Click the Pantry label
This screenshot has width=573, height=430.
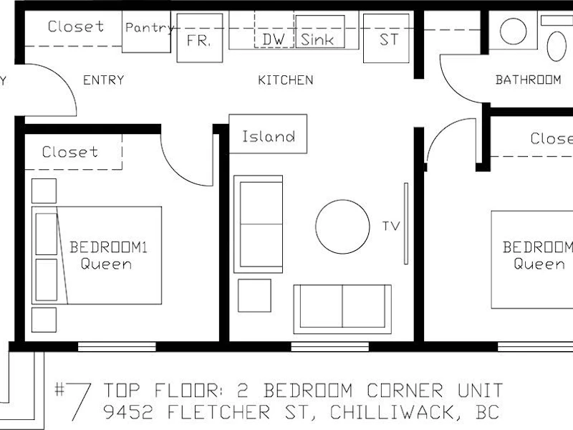click(x=149, y=28)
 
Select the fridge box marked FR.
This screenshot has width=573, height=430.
click(x=200, y=38)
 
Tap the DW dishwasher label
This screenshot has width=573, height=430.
click(x=274, y=39)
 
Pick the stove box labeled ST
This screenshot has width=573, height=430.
click(x=386, y=39)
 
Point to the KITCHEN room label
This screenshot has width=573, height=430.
click(x=286, y=80)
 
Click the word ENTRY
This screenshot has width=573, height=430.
click(x=104, y=80)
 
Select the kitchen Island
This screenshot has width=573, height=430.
click(x=268, y=134)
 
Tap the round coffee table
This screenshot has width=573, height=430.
click(x=342, y=226)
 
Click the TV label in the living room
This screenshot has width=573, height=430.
click(x=391, y=226)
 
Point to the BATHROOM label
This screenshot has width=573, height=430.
click(x=528, y=80)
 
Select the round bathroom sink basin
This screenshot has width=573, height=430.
click(x=513, y=32)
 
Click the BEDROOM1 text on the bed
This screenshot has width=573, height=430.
click(x=108, y=247)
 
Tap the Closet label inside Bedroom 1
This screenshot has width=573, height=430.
click(x=70, y=152)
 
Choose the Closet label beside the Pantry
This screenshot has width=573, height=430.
click(x=76, y=27)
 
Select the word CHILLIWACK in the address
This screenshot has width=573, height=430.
click(x=392, y=412)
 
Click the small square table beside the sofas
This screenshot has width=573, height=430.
click(x=254, y=295)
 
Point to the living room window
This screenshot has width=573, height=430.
click(x=330, y=347)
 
